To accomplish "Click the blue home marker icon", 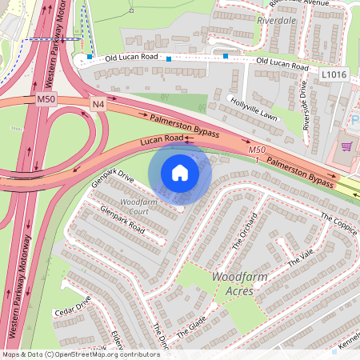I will pyautogui.click(x=180, y=173).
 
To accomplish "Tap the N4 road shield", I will pyautogui.click(x=98, y=104).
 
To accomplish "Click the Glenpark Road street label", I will pyautogui.click(x=122, y=220).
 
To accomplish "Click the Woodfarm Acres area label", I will pyautogui.click(x=233, y=284).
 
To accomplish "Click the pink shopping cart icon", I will pyautogui.click(x=346, y=146).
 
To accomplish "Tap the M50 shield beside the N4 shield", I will pyautogui.click(x=46, y=99).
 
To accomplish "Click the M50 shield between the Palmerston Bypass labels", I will pyautogui.click(x=256, y=150).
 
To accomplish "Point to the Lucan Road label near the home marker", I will pyautogui.click(x=163, y=141).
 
